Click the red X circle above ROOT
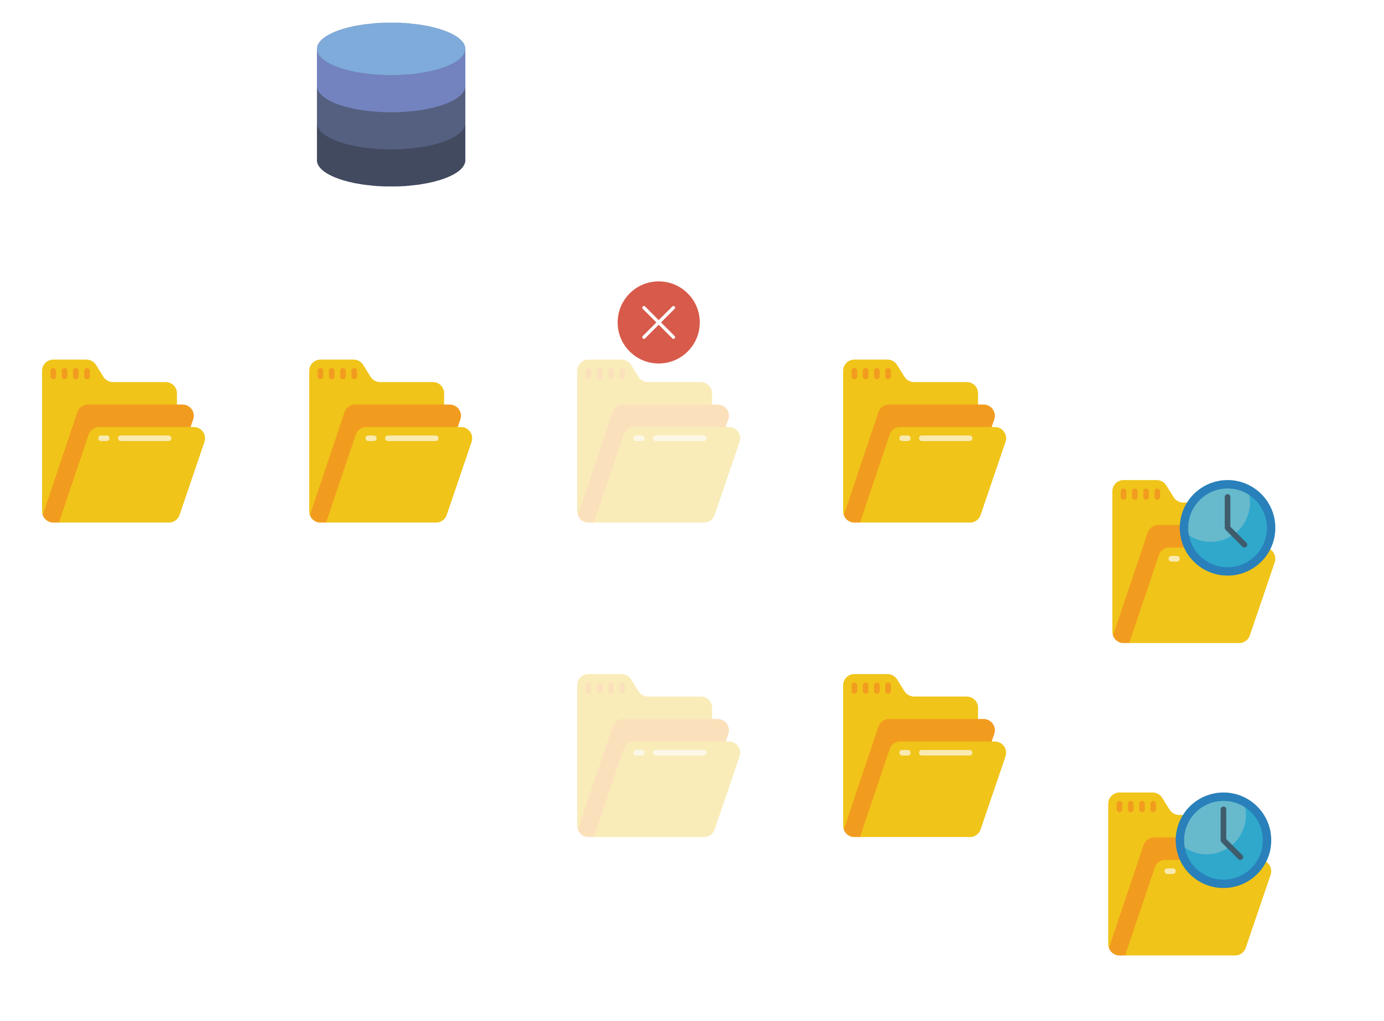pyautogui.click(x=659, y=322)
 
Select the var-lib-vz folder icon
pyautogui.click(x=123, y=442)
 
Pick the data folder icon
pyautogui.click(x=390, y=442)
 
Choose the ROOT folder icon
pyautogui.click(x=659, y=442)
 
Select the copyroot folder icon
pyautogui.click(x=924, y=442)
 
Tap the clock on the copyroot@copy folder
pyautogui.click(x=1227, y=527)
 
